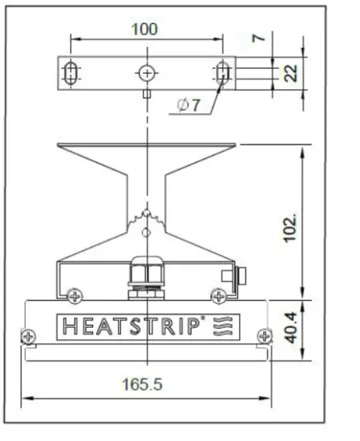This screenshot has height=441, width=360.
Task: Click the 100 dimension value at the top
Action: [144, 29]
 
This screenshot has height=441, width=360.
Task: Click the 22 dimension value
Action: [292, 74]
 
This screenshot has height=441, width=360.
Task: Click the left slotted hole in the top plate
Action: [70, 74]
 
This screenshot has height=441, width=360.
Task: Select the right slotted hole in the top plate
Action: [222, 74]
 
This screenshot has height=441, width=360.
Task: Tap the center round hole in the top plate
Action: [145, 74]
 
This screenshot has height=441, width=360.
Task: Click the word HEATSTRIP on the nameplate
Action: [128, 326]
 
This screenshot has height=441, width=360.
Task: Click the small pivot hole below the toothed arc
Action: [145, 233]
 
